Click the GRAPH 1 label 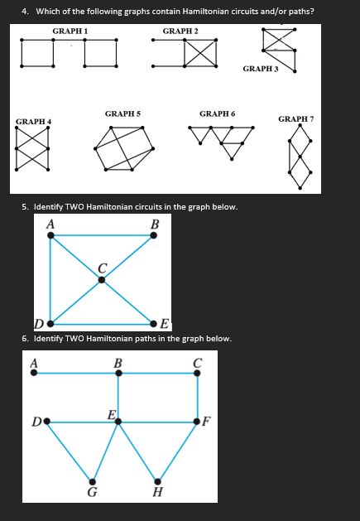[x=70, y=31]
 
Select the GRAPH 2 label [x=180, y=31]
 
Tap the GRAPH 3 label [x=261, y=69]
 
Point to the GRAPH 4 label [x=33, y=122]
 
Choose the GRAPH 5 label [x=122, y=113]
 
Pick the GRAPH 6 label [x=217, y=113]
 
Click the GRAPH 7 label [x=295, y=119]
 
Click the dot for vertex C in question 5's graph [x=102, y=280]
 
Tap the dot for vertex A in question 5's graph [x=50, y=235]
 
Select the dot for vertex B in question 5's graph [x=154, y=235]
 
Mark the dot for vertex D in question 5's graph [x=50, y=323]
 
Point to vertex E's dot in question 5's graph [x=154, y=323]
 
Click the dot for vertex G [x=92, y=481]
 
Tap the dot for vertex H [x=157, y=481]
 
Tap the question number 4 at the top [x=25, y=11]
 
